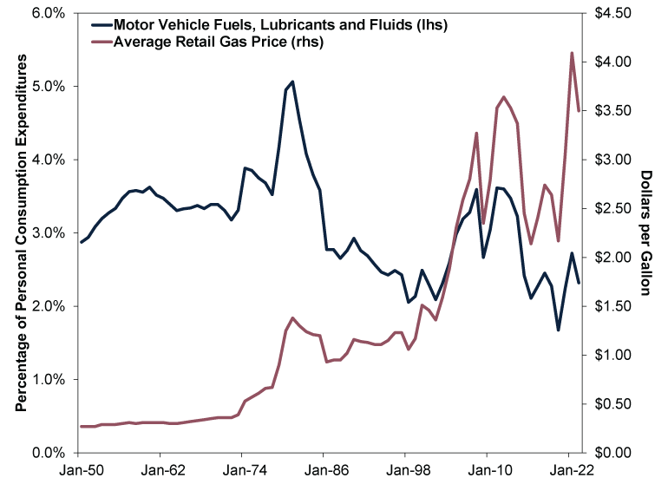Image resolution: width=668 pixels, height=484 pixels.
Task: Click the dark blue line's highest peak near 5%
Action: click(x=292, y=82)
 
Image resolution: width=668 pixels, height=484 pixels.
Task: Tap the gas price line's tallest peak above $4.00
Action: click(x=572, y=53)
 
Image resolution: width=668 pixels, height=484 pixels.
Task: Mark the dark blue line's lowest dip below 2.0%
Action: click(x=558, y=330)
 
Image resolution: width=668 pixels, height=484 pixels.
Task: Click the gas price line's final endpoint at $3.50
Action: click(x=579, y=110)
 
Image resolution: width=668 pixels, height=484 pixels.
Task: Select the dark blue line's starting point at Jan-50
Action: click(x=81, y=242)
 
